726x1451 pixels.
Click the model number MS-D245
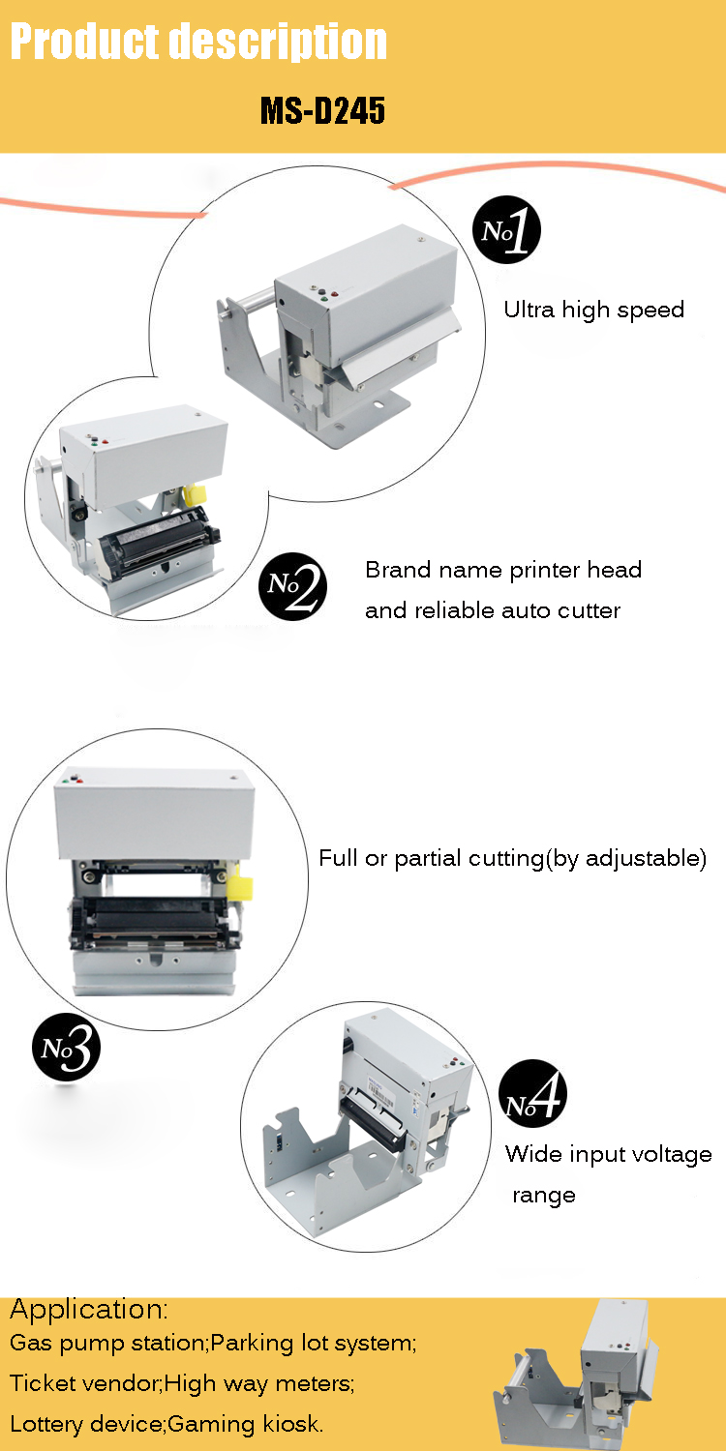coord(322,110)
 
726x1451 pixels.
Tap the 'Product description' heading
coord(198,42)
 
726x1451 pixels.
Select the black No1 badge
coord(506,229)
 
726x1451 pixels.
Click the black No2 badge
coord(293,586)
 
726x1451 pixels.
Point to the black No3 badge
coord(66,1047)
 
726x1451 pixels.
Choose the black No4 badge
coord(532,1094)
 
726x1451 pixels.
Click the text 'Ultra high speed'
coord(593,311)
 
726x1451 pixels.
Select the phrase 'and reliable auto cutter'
coord(493,610)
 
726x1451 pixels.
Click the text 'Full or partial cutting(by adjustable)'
coord(512,858)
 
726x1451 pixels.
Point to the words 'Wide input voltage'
coord(609,1154)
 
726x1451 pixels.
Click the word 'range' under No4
coord(544,1195)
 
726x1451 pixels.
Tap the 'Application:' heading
coord(89,1310)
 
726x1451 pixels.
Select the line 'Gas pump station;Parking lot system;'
coord(213,1343)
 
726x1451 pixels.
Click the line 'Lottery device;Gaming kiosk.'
coord(166,1423)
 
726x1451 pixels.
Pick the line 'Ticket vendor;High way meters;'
coord(182,1383)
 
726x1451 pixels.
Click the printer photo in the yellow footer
coord(577,1377)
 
